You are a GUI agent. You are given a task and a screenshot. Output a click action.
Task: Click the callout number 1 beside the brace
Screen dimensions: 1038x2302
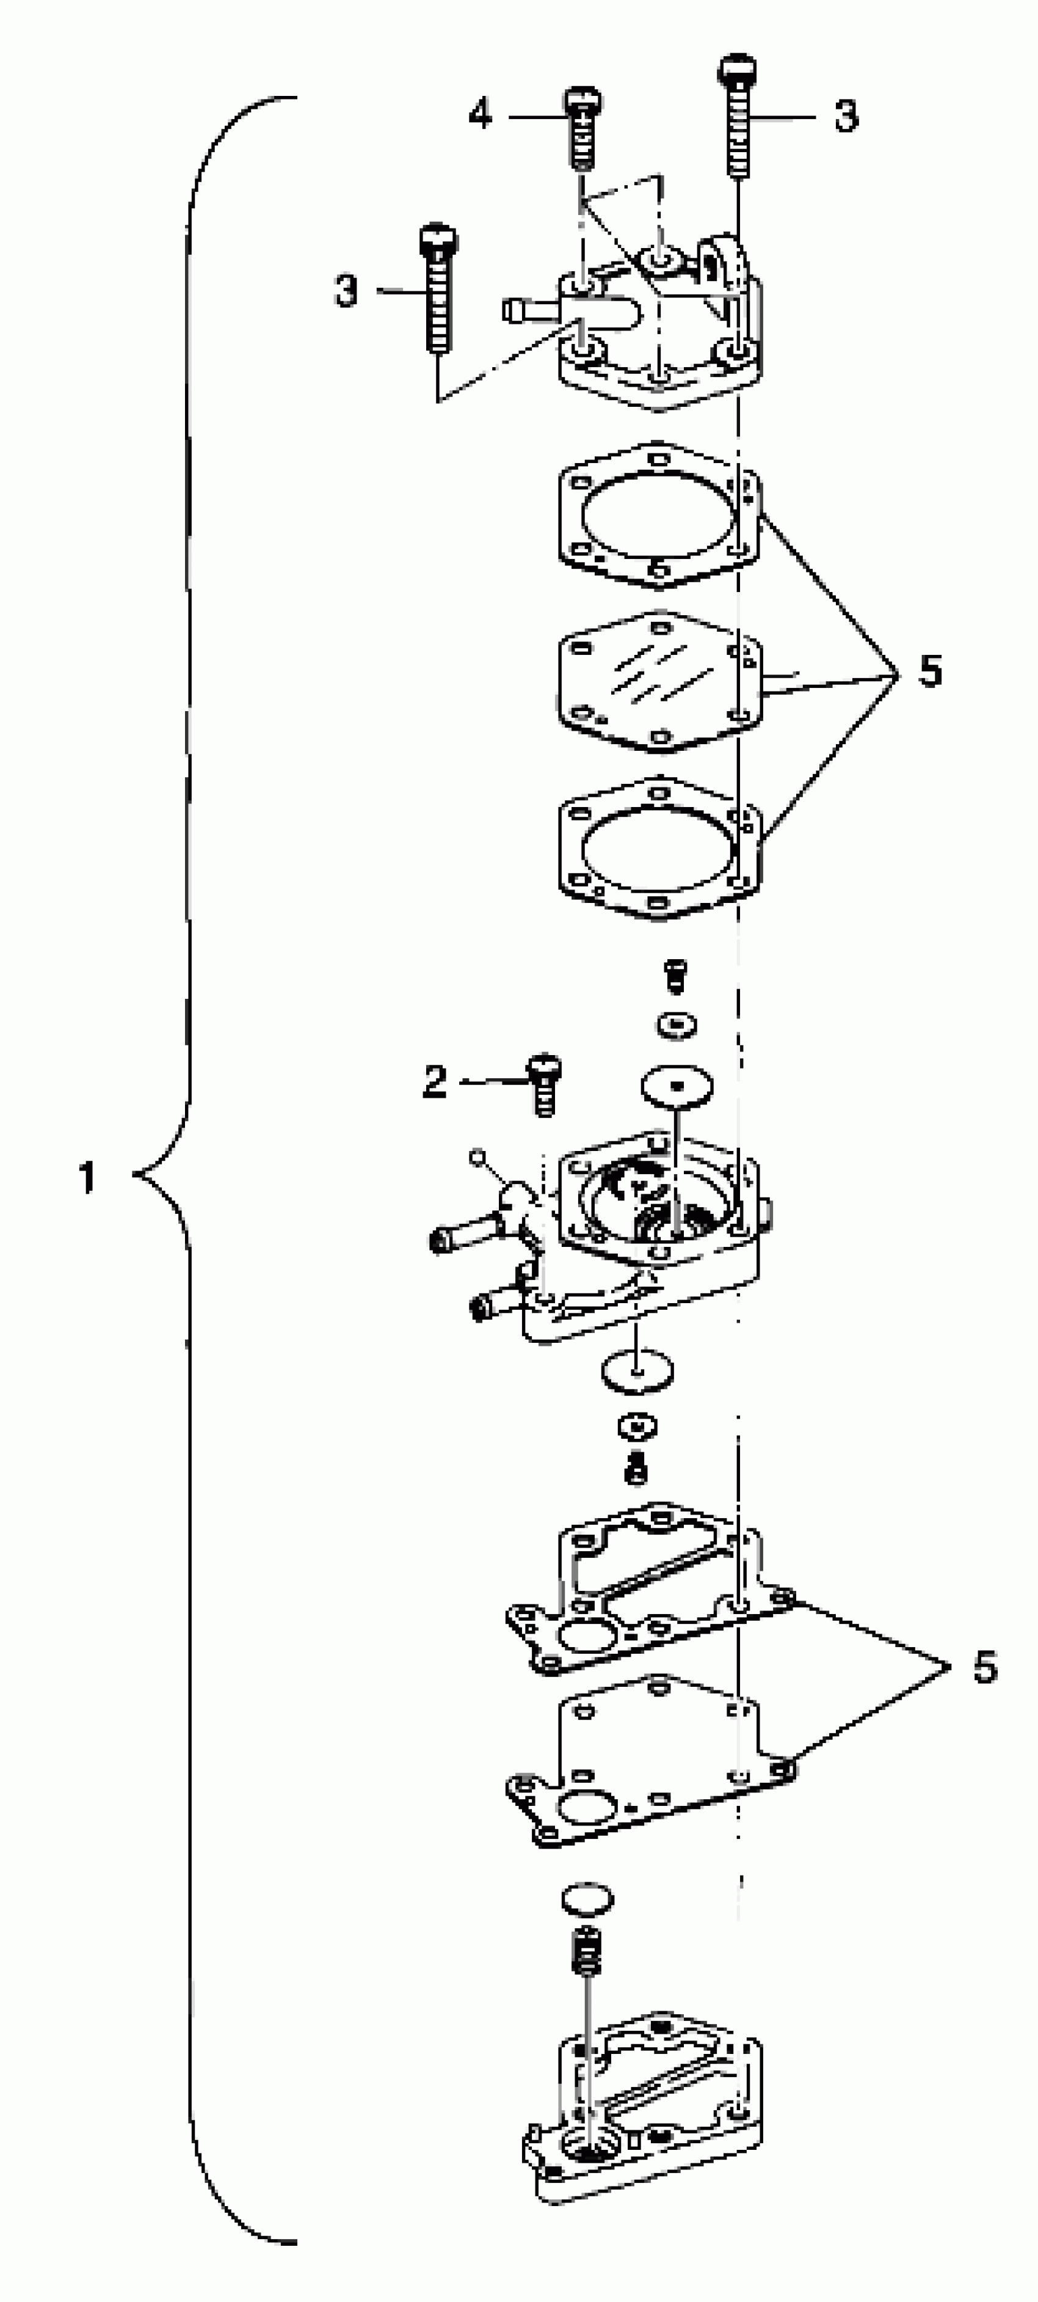point(87,1178)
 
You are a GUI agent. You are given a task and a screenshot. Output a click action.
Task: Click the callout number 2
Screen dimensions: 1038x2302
point(434,1082)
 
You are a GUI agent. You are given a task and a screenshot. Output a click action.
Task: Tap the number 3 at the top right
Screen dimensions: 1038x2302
point(845,116)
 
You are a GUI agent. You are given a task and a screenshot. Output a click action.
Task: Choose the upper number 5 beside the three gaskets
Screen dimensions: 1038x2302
point(931,670)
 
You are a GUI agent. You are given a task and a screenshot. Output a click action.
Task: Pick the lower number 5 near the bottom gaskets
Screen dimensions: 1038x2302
point(984,1667)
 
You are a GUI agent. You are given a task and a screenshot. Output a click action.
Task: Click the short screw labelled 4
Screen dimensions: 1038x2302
point(581,127)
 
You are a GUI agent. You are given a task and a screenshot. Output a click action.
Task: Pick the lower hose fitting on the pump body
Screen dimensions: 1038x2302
point(494,1307)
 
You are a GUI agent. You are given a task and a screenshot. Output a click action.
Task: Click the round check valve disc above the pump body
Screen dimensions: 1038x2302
point(676,1087)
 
